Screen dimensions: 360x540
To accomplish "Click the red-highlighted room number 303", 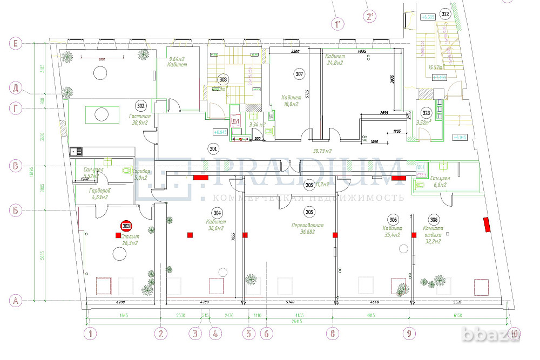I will pyautogui.click(x=126, y=227).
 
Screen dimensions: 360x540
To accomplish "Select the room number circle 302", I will pyautogui.click(x=141, y=106).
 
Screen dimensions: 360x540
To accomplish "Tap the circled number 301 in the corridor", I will pyautogui.click(x=214, y=148).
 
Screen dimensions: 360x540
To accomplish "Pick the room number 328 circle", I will pyautogui.click(x=427, y=113).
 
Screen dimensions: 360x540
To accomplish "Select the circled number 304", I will pyautogui.click(x=217, y=212).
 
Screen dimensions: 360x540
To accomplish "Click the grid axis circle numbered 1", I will pyautogui.click(x=91, y=334).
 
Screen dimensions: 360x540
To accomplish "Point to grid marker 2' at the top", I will pyautogui.click(x=370, y=16).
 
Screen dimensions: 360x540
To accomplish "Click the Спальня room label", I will pyautogui.click(x=130, y=236).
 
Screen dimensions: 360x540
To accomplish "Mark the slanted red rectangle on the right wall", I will pyautogui.click(x=487, y=223).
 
